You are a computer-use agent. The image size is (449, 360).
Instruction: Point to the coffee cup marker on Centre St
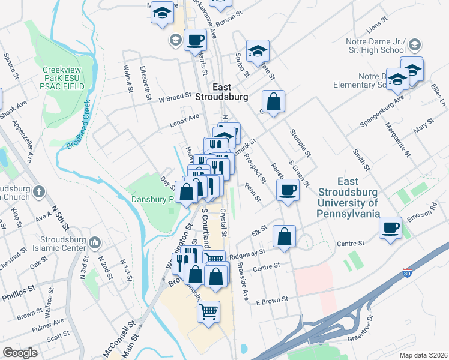click(391, 227)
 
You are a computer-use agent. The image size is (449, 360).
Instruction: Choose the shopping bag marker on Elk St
click(284, 236)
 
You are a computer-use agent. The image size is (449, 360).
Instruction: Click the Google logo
click(20, 352)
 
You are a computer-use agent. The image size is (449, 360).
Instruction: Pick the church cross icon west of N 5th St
click(39, 192)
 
